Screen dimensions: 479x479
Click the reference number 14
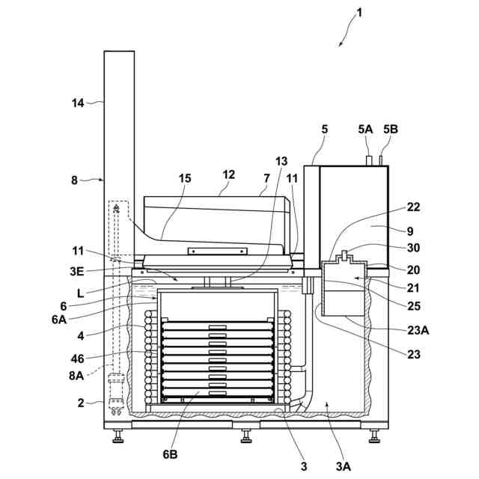coord(78,103)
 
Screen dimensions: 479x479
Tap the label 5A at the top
coord(365,129)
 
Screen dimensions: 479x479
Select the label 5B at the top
coord(391,129)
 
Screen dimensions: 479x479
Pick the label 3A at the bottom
coord(343,466)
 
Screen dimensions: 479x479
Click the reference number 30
coord(413,248)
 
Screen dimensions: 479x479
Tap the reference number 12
coord(228,174)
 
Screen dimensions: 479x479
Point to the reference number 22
coord(413,207)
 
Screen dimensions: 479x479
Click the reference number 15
coord(184,178)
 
